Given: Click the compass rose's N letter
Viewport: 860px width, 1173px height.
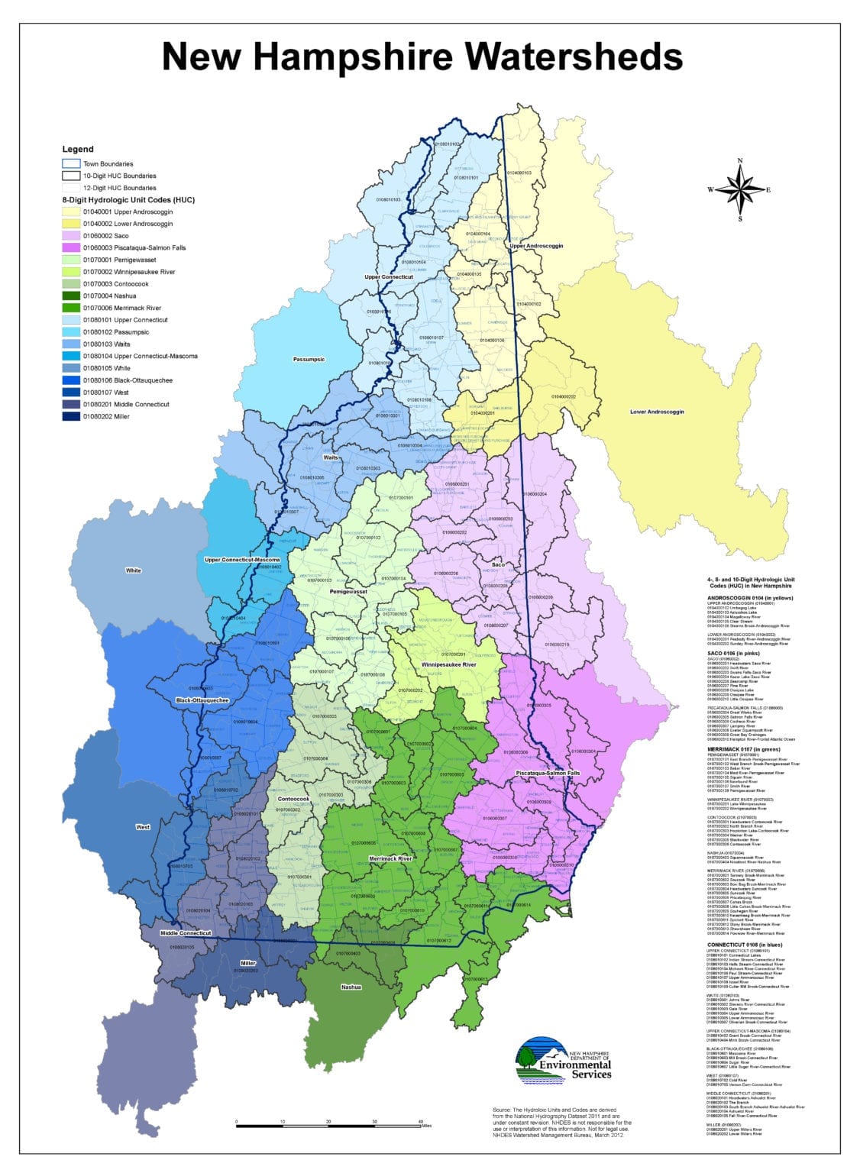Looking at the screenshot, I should pos(739,160).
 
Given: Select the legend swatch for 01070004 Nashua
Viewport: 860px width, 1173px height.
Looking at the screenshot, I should pos(71,296).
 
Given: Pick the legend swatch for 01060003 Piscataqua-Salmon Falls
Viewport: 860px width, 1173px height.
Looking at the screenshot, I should pos(71,248).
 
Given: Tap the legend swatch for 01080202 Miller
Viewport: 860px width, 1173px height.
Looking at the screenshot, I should pos(71,417).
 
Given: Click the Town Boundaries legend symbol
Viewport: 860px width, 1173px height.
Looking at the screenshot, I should pos(71,164).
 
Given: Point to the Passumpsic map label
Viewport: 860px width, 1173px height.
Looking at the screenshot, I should pos(309,359).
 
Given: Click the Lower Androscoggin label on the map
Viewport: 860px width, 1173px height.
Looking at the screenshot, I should pos(656,412).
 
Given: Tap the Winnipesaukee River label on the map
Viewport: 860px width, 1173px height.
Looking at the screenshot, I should pos(448,664).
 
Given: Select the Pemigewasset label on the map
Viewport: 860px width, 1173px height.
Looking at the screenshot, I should pos(348,591).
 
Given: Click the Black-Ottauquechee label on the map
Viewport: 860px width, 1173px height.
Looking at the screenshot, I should pos(202,700).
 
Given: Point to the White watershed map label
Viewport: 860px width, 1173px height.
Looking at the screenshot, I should pos(134,570).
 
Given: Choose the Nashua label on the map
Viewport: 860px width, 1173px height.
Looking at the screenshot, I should pos(351,987).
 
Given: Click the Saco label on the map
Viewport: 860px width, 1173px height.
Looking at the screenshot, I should pos(499,565).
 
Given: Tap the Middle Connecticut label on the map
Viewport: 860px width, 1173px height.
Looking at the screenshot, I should pos(186,933).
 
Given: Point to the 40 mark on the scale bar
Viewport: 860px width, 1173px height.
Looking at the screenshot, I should pos(421,1122).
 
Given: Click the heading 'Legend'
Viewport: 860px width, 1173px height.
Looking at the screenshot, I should pos(78,150).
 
